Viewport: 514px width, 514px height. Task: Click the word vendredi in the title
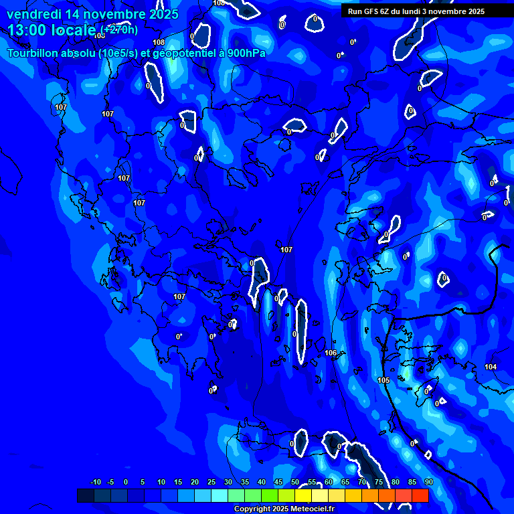[34, 14]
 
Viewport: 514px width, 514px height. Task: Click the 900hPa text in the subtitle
[246, 53]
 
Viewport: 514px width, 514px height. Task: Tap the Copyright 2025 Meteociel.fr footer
[284, 509]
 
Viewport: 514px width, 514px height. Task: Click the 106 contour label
[331, 353]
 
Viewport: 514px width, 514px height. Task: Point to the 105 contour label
[383, 380]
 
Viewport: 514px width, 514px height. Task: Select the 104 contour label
[491, 367]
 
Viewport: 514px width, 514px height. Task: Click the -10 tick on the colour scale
[95, 482]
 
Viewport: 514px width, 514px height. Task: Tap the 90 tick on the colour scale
[428, 482]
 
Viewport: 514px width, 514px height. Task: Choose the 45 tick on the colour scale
[278, 482]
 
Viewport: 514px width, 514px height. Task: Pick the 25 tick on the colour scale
[211, 482]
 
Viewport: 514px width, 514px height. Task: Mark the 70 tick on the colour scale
[362, 482]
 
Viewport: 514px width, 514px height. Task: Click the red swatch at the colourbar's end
[420, 495]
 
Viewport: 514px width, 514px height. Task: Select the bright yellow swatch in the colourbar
[303, 495]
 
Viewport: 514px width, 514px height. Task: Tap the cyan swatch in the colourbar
[220, 495]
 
